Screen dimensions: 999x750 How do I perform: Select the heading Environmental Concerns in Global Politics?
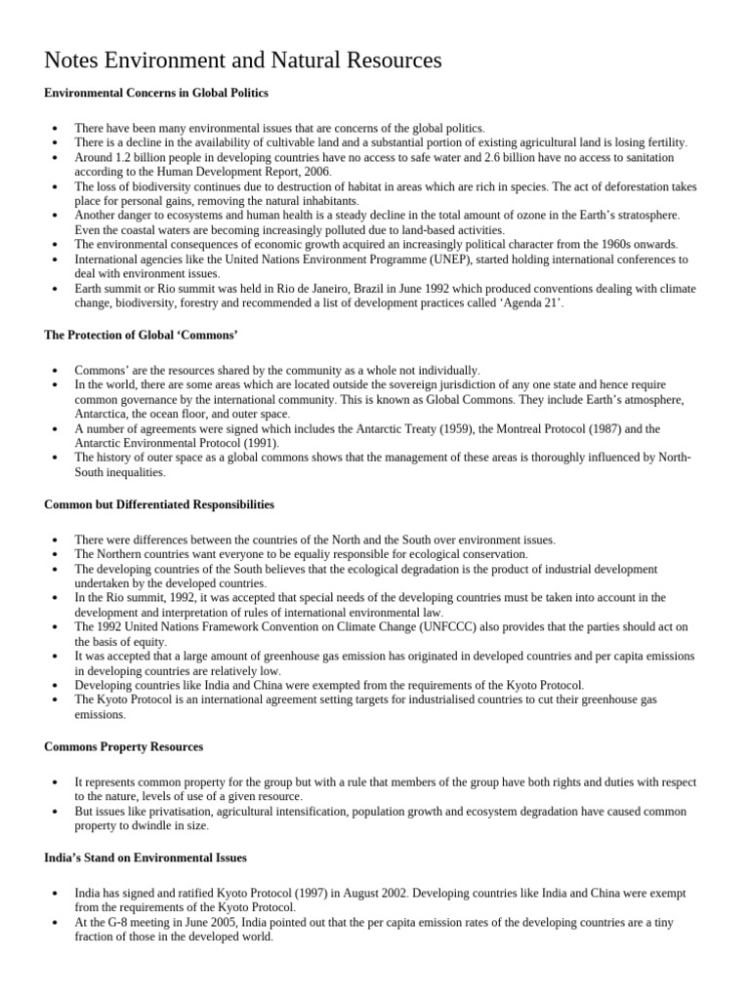pos(156,93)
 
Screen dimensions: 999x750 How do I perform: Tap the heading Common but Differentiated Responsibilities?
pos(159,504)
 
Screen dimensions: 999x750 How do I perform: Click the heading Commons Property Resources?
pos(124,746)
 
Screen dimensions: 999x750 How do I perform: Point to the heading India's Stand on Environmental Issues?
pos(146,858)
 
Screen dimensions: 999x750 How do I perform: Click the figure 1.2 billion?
pos(141,157)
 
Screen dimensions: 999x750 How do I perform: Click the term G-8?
pos(112,922)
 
